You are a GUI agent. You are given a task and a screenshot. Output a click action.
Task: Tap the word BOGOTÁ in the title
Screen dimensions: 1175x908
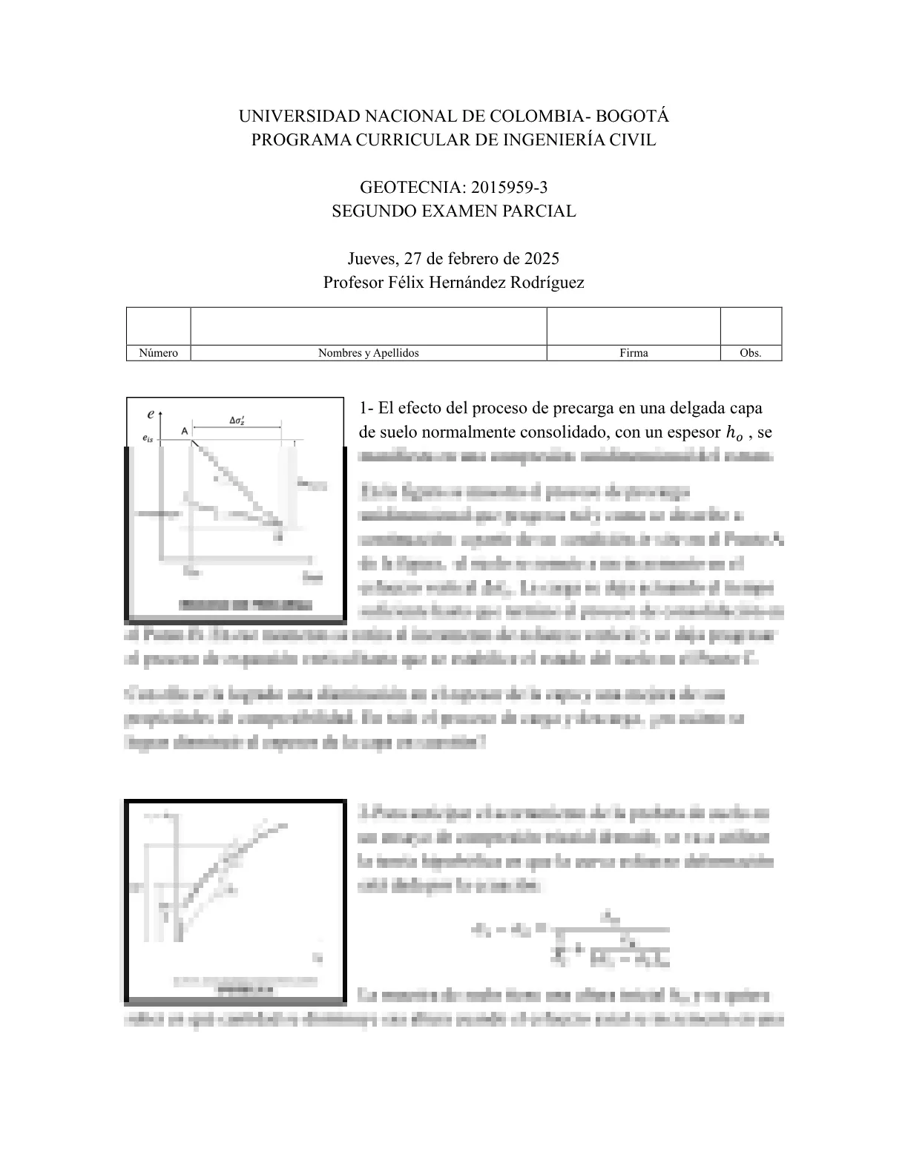[633, 116]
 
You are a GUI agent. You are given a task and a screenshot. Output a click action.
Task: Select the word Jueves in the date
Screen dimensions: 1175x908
[372, 258]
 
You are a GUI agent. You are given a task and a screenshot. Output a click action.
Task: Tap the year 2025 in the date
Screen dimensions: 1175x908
[542, 258]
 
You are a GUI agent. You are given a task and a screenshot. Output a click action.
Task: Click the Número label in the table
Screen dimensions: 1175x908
[158, 353]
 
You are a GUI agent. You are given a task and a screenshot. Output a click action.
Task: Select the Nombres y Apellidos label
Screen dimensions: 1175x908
[368, 353]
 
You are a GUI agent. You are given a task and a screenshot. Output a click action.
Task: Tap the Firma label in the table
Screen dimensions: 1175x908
[634, 353]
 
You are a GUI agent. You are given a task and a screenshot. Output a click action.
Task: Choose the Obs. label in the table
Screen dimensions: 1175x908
[751, 353]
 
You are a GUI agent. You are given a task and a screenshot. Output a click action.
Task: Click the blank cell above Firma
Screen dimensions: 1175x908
[634, 326]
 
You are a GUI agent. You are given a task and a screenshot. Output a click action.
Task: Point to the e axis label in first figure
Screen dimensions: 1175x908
[151, 413]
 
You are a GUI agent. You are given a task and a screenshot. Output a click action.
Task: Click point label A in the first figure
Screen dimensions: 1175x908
[184, 430]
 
